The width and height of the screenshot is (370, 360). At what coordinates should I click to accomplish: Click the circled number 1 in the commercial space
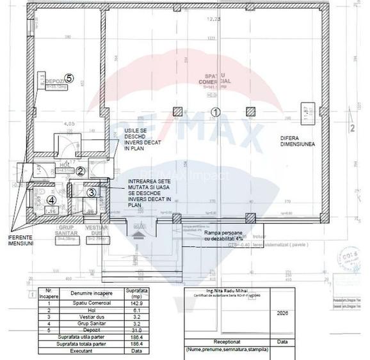tap(216, 111)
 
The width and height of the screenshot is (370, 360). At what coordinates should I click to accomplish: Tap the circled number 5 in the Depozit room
tap(68, 78)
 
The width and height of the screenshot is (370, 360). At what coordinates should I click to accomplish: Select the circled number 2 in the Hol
tap(81, 171)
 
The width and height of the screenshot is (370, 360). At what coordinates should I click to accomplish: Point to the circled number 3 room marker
tap(91, 192)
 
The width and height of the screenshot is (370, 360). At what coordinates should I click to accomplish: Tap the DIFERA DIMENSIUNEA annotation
tap(297, 141)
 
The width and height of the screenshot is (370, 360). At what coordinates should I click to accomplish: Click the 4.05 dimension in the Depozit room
tap(70, 123)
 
